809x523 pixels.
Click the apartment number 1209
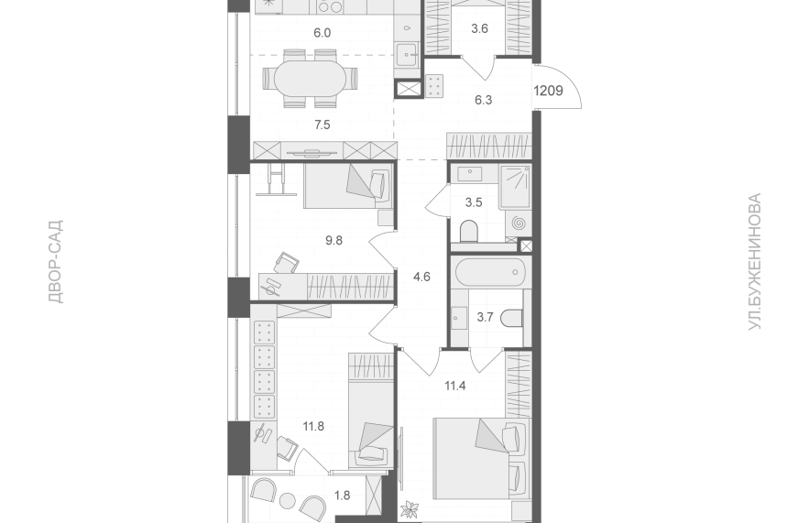click(x=548, y=92)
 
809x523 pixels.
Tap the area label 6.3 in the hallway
click(x=484, y=100)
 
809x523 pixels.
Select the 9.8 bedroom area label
click(x=333, y=240)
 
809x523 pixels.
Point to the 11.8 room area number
click(x=313, y=427)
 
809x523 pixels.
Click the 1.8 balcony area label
click(x=342, y=496)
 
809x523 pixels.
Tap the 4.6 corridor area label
click(x=421, y=277)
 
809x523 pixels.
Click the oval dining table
click(x=310, y=79)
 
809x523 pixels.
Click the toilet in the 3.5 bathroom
click(x=469, y=231)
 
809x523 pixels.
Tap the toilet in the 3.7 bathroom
click(x=512, y=317)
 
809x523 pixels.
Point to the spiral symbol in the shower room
click(x=519, y=223)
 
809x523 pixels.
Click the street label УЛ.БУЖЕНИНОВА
click(x=755, y=262)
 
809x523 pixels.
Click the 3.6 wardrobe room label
click(x=480, y=29)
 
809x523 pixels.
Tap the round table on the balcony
click(x=287, y=500)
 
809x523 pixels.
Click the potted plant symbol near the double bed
click(x=413, y=509)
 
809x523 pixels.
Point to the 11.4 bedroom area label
click(x=455, y=386)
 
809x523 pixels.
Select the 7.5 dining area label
click(x=322, y=125)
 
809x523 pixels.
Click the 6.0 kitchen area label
click(x=322, y=33)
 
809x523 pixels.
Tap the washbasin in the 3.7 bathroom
click(x=458, y=318)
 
